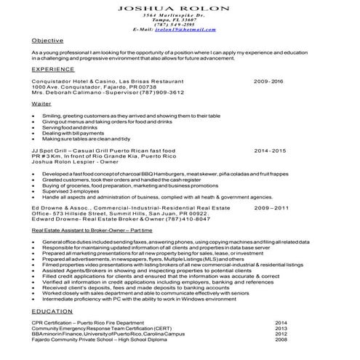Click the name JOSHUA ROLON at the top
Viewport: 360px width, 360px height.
click(x=180, y=6)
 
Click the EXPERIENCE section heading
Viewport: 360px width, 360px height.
click(x=53, y=68)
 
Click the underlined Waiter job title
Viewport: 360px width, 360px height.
click(x=41, y=105)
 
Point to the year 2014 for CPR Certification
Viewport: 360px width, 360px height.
click(x=281, y=322)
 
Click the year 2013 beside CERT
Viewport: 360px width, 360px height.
click(x=281, y=328)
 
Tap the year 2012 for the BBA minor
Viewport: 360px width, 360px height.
click(x=281, y=334)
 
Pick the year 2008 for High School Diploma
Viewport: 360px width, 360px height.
click(x=281, y=340)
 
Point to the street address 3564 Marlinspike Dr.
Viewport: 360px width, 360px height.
click(x=180, y=15)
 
